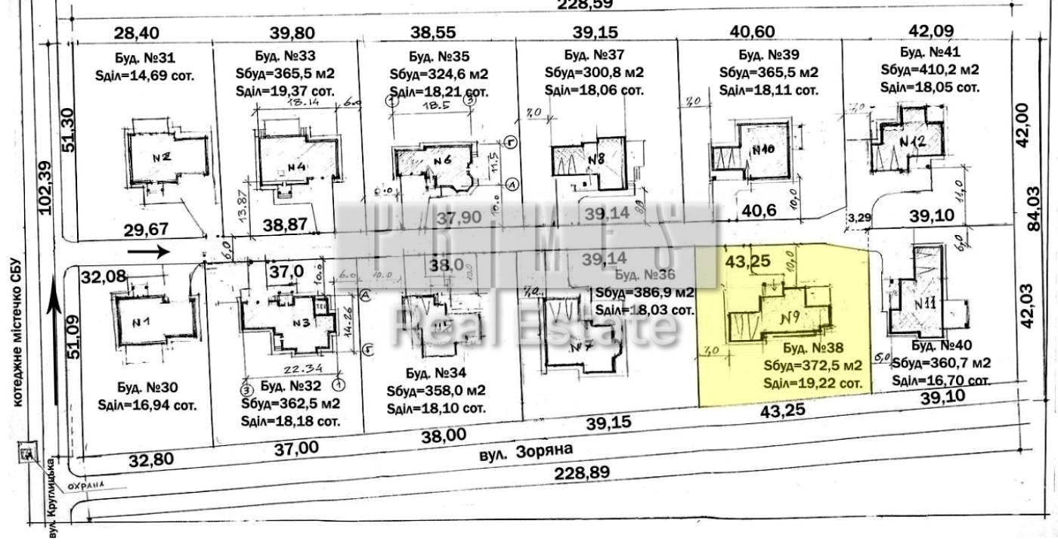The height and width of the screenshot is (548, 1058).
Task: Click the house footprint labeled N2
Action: coord(166,157)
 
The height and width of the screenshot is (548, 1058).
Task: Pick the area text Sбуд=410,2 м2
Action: coord(930,70)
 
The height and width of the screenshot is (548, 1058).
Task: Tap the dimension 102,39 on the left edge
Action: coord(45,188)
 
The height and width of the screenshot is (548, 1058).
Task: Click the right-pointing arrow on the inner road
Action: coord(149,252)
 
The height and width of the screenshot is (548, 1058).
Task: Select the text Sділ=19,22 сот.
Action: coord(813,383)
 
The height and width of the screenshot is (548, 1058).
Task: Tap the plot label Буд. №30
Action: coord(148,387)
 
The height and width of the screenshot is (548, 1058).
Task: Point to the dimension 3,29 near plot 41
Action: coord(858,218)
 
